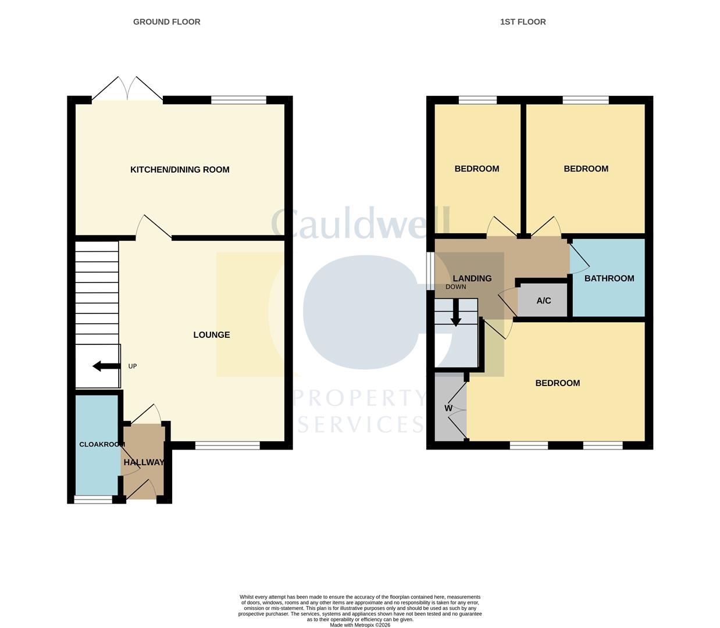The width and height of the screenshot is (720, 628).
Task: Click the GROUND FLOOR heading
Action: [x=166, y=22]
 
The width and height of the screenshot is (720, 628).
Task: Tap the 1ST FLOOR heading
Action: [x=523, y=22]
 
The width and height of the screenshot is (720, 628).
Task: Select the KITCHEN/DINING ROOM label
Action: [x=180, y=170]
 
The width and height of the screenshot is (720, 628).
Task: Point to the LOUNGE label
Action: [x=212, y=334]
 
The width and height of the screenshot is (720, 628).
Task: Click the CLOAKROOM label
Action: [x=102, y=444]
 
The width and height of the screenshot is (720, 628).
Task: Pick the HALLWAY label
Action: [x=144, y=462]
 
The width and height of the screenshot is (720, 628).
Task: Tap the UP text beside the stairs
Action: [x=133, y=366]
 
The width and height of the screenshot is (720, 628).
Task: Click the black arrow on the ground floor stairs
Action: [x=106, y=366]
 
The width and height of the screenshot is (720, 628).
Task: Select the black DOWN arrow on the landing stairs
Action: [x=456, y=312]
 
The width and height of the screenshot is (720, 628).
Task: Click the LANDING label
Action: [x=472, y=279]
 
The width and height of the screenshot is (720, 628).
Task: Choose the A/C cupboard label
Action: [x=544, y=301]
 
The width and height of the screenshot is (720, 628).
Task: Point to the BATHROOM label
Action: [x=609, y=279]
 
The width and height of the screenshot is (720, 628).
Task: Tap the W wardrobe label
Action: [x=448, y=408]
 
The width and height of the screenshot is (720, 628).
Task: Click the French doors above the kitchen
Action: [x=127, y=88]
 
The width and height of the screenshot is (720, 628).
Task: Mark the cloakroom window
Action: [x=93, y=499]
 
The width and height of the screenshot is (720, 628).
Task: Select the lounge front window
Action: [x=227, y=445]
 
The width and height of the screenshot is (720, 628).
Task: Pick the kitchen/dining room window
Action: [x=238, y=100]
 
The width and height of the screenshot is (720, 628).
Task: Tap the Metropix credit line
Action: [x=360, y=625]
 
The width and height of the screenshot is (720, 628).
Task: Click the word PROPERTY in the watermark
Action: [x=359, y=398]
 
